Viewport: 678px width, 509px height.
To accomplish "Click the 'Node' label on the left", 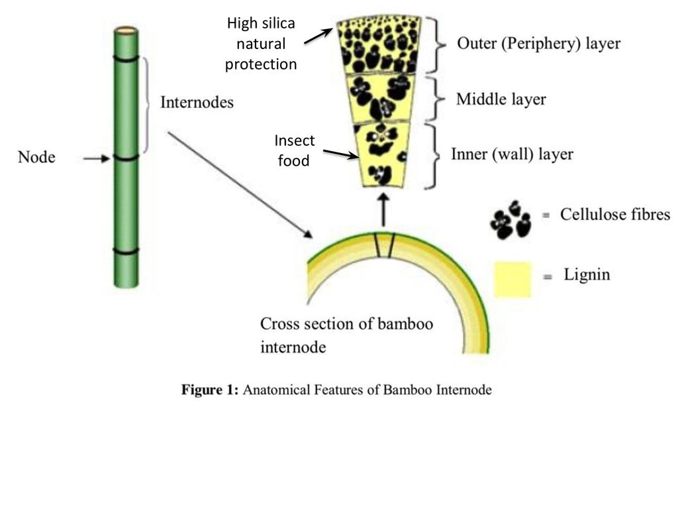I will pyautogui.click(x=36, y=158).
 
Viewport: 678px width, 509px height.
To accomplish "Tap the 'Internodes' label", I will pyautogui.click(x=197, y=103).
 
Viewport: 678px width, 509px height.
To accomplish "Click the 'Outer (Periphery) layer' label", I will pyautogui.click(x=538, y=44).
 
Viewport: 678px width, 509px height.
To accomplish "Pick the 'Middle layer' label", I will pyautogui.click(x=501, y=99).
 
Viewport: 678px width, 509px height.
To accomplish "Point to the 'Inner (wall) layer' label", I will pyautogui.click(x=512, y=154).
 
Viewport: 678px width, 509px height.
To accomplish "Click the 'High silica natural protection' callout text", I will pyautogui.click(x=261, y=44).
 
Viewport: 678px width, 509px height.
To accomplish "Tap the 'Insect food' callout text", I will pyautogui.click(x=295, y=150).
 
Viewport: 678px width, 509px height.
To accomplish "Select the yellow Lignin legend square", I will pyautogui.click(x=512, y=279).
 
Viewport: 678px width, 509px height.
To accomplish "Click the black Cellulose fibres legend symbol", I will pyautogui.click(x=510, y=221).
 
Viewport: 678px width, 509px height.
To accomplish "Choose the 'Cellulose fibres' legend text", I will pyautogui.click(x=615, y=215).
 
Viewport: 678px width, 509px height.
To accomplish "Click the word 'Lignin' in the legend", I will pyautogui.click(x=587, y=274).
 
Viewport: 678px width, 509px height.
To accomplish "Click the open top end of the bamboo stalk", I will pyautogui.click(x=126, y=30).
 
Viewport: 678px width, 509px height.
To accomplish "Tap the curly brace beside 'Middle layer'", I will pyautogui.click(x=434, y=99).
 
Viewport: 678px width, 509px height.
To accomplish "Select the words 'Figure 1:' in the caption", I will pyautogui.click(x=209, y=390).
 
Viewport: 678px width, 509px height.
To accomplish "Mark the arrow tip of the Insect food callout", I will pyautogui.click(x=358, y=158).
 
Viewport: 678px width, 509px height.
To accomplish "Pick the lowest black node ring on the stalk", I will pyautogui.click(x=126, y=251).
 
